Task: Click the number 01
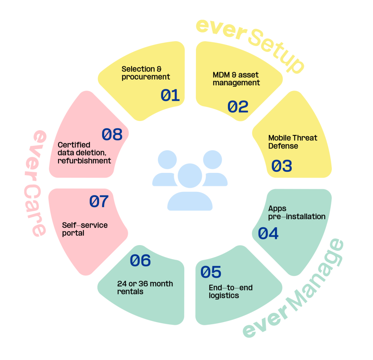click(x=170, y=96)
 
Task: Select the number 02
click(x=238, y=107)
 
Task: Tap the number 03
click(x=282, y=166)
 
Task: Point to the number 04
click(x=268, y=233)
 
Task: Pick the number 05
click(x=211, y=272)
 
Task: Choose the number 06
click(x=140, y=260)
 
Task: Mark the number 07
click(x=99, y=202)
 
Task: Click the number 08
click(x=112, y=135)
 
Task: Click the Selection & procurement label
click(x=146, y=73)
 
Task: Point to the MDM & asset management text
click(x=236, y=79)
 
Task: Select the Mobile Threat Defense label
click(x=292, y=142)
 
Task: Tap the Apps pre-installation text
click(x=297, y=213)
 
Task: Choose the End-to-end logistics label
click(x=231, y=291)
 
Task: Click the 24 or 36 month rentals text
click(x=145, y=287)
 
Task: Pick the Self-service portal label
click(x=85, y=229)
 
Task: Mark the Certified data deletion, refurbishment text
click(x=84, y=152)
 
